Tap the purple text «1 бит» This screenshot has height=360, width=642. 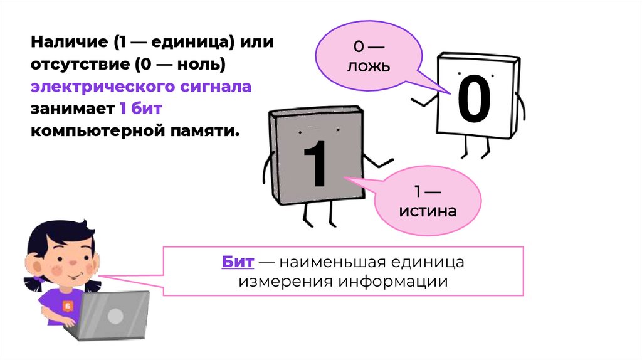pos(141,108)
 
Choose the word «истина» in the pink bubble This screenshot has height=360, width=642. pos(428,211)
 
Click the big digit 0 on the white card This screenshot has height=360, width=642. pos(474,100)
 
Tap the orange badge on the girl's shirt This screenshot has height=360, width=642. pos(68,305)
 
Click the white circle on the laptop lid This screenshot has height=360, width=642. pos(114,316)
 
